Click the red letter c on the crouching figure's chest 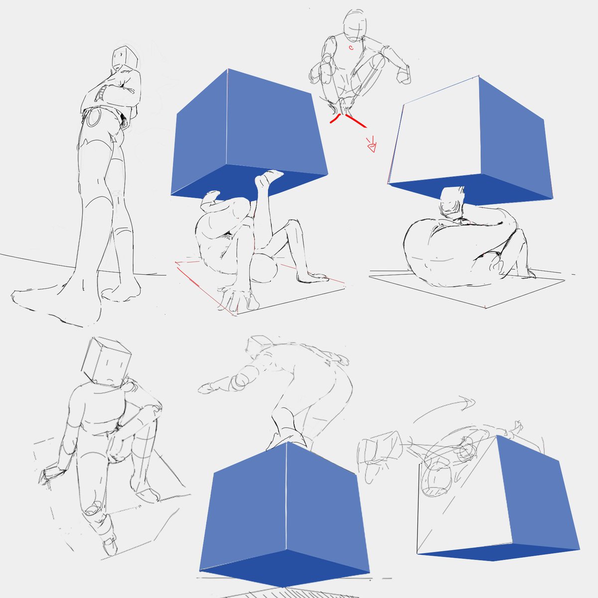pyautogui.click(x=351, y=48)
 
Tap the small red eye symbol pyautogui.click(x=372, y=147)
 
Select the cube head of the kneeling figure pyautogui.click(x=106, y=361)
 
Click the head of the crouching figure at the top pyautogui.click(x=355, y=24)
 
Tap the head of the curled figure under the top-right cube pyautogui.click(x=453, y=202)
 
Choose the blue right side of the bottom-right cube pyautogui.click(x=536, y=493)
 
